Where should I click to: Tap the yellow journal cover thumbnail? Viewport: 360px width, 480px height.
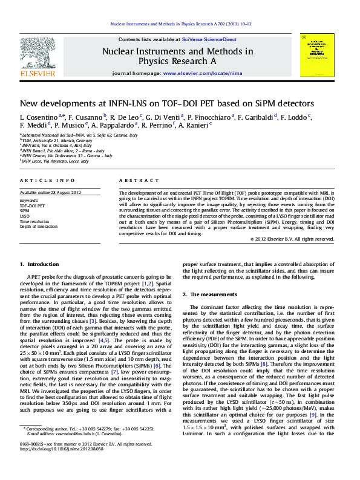click(x=317, y=55)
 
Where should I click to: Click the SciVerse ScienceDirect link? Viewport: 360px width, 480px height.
click(x=214, y=39)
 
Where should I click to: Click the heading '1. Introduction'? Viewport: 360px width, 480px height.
click(x=39, y=264)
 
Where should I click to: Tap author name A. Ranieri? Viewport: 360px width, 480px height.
click(x=193, y=125)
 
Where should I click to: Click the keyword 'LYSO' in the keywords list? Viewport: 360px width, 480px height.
click(x=25, y=216)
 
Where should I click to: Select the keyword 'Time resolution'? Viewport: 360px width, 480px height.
click(x=34, y=221)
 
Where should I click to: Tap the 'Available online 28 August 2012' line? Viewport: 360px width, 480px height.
click(x=50, y=192)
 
